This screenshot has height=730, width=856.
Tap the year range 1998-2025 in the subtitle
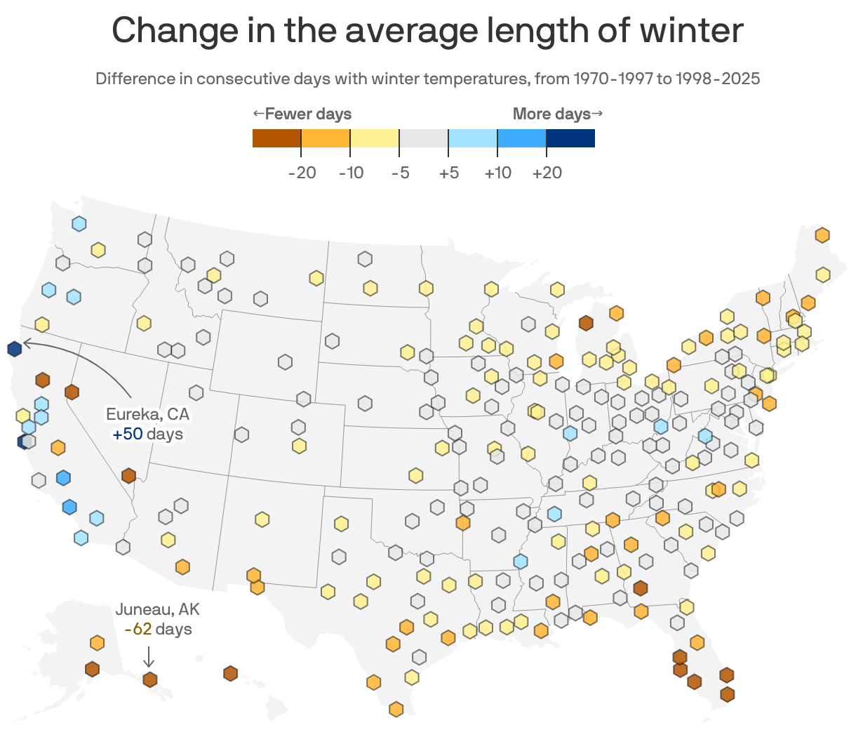pyautogui.click(x=717, y=79)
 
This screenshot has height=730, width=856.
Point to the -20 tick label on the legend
pyautogui.click(x=302, y=173)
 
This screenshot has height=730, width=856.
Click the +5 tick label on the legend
pyautogui.click(x=448, y=173)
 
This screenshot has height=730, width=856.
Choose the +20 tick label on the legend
pyautogui.click(x=547, y=173)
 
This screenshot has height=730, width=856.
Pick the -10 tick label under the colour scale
pyautogui.click(x=351, y=173)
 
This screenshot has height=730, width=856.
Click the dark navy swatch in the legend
pyautogui.click(x=570, y=138)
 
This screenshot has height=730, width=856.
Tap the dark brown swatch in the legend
pyautogui.click(x=276, y=138)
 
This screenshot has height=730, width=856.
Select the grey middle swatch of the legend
pyautogui.click(x=424, y=138)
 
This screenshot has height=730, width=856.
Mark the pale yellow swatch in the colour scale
pyautogui.click(x=375, y=138)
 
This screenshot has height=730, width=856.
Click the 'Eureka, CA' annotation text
pyautogui.click(x=147, y=414)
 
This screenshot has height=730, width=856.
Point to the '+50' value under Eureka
pyautogui.click(x=127, y=434)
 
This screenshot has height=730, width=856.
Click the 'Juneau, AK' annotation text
pyautogui.click(x=157, y=609)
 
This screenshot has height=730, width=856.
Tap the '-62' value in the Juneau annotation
pyautogui.click(x=138, y=629)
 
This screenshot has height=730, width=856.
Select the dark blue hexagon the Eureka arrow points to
pyautogui.click(x=14, y=348)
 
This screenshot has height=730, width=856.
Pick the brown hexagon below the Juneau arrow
pyautogui.click(x=149, y=679)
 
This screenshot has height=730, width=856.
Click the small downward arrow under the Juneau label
pyautogui.click(x=149, y=656)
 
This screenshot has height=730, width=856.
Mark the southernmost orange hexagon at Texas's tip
pyautogui.click(x=396, y=709)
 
